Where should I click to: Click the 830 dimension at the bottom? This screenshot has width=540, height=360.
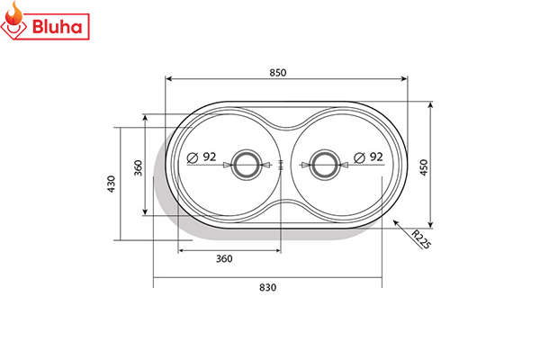click(267, 288)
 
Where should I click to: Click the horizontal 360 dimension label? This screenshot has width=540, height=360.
click(224, 259)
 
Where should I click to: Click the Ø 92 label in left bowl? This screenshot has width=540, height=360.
click(202, 157)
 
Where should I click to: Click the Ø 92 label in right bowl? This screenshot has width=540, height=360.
click(369, 157)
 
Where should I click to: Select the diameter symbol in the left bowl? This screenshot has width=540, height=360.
click(193, 157)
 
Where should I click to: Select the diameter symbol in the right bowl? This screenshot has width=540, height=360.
click(359, 157)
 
